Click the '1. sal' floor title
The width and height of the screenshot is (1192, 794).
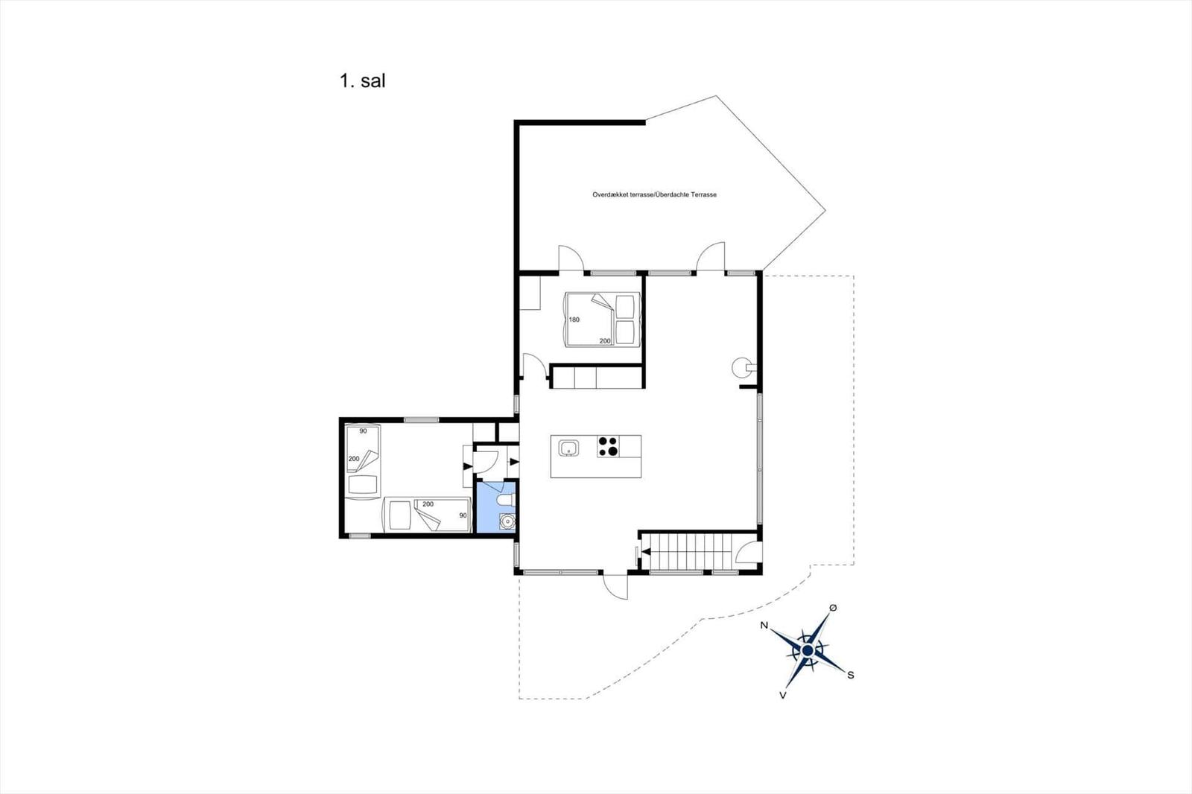362,81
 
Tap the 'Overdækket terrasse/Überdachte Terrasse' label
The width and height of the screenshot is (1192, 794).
654,194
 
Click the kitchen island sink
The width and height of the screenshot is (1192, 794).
568,448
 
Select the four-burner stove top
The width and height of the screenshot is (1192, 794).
608,446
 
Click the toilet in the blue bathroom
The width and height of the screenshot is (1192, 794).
507,500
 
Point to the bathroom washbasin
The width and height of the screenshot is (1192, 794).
507,522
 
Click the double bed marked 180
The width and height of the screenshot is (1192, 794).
601,319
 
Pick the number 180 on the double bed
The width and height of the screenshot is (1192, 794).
574,320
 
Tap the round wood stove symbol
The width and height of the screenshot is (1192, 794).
741,367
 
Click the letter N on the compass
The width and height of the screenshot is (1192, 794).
764,626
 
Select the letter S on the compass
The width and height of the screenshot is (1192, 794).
851,675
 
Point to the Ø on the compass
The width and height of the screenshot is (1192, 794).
834,608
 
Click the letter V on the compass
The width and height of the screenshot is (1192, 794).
783,695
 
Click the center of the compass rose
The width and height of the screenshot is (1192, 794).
808,650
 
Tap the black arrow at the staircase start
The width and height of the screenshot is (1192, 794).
646,552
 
